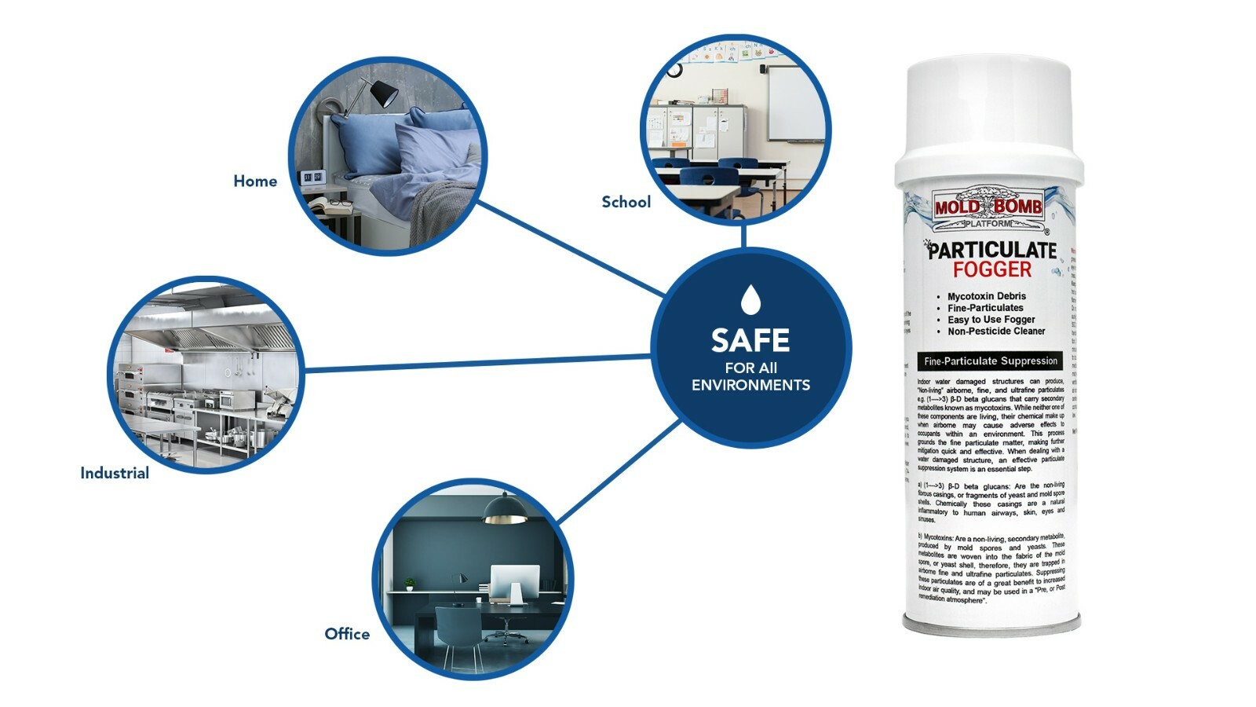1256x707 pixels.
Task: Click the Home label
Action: pos(255,181)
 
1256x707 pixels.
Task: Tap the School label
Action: pos(626,202)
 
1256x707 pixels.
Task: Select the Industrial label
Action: pos(115,473)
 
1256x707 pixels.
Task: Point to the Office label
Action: pos(347,634)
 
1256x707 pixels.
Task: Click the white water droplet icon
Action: pos(751,299)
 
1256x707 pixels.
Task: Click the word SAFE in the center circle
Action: pos(750,340)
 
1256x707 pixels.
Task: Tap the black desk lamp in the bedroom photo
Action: pos(382,93)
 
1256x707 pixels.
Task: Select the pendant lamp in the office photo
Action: pos(504,511)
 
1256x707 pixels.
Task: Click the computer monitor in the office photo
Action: pos(514,582)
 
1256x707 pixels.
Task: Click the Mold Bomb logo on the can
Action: pos(988,207)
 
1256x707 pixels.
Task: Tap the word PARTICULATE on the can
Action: pos(992,251)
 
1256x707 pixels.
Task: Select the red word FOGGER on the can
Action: pos(992,270)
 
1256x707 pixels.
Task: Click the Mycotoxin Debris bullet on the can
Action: pos(986,296)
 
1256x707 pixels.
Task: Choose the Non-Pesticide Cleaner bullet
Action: pos(995,332)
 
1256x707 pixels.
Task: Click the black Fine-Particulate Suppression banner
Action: pos(990,361)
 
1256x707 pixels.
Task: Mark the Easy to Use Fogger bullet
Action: pos(991,320)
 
